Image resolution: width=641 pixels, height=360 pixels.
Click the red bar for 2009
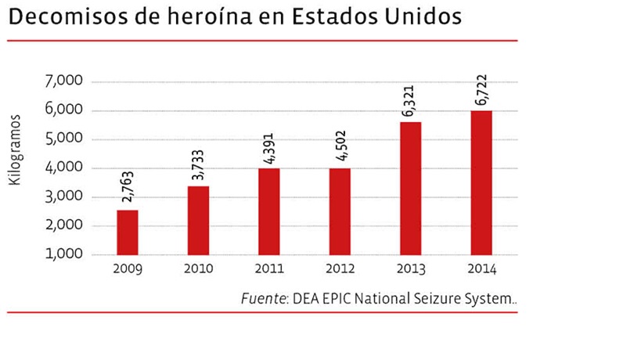click(x=127, y=232)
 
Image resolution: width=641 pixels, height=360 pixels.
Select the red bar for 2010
click(x=198, y=221)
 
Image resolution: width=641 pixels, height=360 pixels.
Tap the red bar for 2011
click(x=268, y=211)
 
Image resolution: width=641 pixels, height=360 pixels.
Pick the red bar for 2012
click(x=339, y=211)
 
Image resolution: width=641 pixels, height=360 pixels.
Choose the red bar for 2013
click(x=410, y=189)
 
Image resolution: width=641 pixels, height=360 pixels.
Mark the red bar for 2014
click(x=481, y=182)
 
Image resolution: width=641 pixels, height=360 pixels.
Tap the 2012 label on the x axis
click(x=339, y=270)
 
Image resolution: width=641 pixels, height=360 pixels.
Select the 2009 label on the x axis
click(x=127, y=270)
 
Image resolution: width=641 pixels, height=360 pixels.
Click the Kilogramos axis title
click(x=15, y=149)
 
